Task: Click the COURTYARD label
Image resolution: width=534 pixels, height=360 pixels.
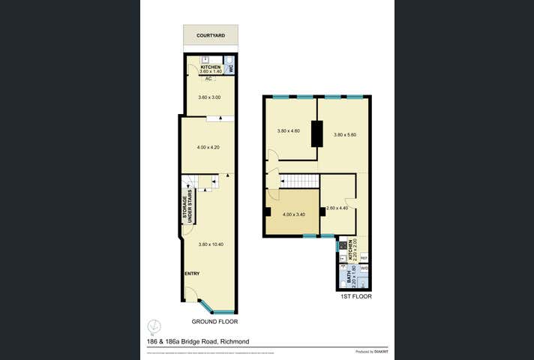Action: point(211,35)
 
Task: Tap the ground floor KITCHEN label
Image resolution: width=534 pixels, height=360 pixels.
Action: point(210,67)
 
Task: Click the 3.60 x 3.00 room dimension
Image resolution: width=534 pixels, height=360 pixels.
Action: point(211,97)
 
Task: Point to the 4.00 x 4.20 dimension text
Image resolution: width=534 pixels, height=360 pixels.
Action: point(207,147)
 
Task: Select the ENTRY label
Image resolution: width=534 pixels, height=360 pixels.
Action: point(192,273)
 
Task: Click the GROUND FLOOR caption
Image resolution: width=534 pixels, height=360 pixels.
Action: point(214,321)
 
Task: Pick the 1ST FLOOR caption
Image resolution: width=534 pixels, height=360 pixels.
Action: point(356,296)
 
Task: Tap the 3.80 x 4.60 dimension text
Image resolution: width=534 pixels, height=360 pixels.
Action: point(289,131)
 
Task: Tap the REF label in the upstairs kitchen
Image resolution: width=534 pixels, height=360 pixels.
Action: point(364,257)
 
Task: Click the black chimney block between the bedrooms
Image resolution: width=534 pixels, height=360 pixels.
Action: point(317,133)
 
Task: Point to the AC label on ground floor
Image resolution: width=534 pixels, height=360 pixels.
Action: point(208,78)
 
